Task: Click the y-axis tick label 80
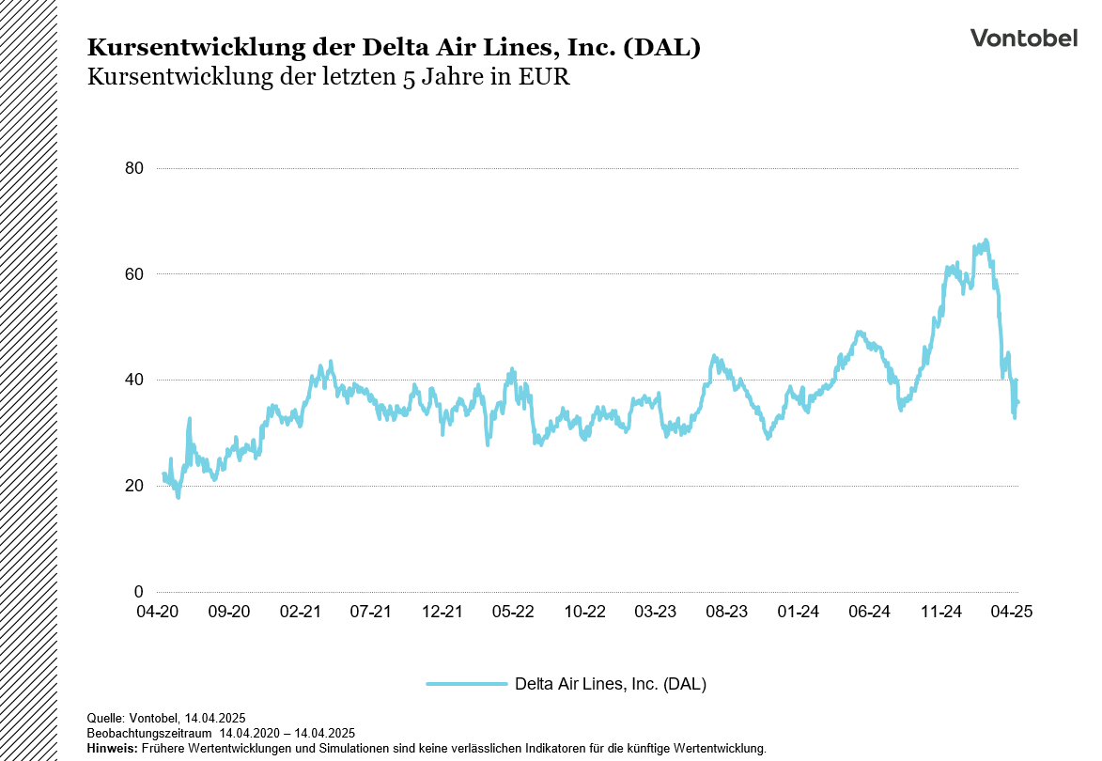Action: click(x=133, y=169)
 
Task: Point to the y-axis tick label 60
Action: click(x=133, y=274)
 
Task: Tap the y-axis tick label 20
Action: click(x=133, y=486)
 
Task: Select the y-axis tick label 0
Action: click(x=138, y=592)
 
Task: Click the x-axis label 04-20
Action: click(x=157, y=612)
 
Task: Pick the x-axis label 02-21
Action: click(x=300, y=612)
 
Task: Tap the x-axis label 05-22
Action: click(x=513, y=612)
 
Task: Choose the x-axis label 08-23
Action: click(x=726, y=612)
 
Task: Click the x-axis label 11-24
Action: click(x=940, y=612)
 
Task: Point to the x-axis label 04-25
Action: click(x=1012, y=612)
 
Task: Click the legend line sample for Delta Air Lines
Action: click(x=466, y=684)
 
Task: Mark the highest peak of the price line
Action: click(x=986, y=241)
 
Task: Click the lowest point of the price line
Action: click(x=178, y=496)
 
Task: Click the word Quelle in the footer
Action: click(x=104, y=718)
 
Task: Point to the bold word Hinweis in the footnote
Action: click(x=111, y=749)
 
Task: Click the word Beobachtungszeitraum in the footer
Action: click(x=149, y=733)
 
